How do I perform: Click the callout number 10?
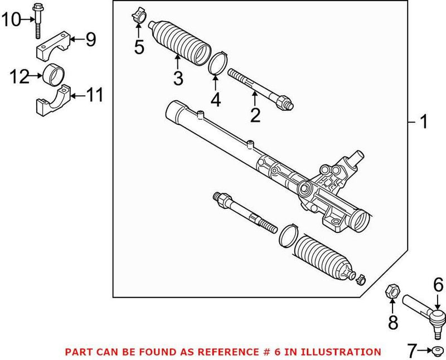pos(11,21)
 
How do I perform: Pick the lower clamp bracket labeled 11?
pos(52,101)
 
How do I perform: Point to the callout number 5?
pos(139,47)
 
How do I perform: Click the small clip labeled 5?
pos(139,16)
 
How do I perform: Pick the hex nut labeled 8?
pos(392,290)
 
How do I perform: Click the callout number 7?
pos(411,351)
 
